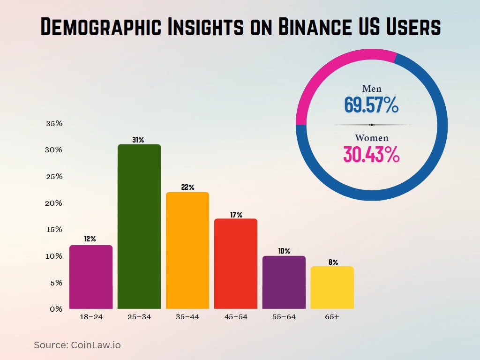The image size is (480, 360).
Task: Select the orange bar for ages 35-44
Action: pos(187,250)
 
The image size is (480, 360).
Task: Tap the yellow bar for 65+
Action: pos(332,287)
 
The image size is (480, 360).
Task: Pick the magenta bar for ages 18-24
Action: pos(91,277)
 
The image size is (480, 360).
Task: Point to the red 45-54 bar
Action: pos(236,263)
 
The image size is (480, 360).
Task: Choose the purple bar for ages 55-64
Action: pos(284,282)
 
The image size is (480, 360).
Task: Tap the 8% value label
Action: pos(333,262)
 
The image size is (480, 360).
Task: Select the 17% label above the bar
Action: pos(236,215)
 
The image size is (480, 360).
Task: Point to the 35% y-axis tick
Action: pos(54,124)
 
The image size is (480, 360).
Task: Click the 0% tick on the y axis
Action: pos(56,309)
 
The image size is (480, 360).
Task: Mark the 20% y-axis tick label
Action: pos(54,203)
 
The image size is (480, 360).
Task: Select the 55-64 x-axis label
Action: pos(284,317)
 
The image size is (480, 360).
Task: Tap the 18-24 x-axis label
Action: pos(90,317)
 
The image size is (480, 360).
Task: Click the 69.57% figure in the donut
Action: pos(371,105)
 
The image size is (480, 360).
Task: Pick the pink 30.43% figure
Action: pos(371,154)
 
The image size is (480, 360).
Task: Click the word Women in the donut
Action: pos(371,138)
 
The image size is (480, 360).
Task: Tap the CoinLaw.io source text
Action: pos(96,345)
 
